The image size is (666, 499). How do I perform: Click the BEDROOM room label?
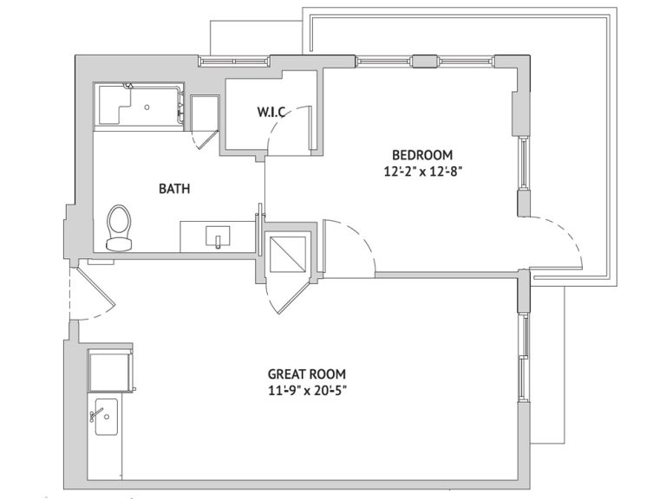coord(422,154)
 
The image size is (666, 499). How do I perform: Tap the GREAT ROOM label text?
coord(307,374)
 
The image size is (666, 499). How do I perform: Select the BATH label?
coord(174,188)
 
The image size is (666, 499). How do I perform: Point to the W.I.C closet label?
coord(271,112)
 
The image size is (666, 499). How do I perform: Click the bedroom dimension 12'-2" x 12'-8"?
coord(422,172)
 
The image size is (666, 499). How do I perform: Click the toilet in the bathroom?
coord(119,229)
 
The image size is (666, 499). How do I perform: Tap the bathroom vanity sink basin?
coord(218,237)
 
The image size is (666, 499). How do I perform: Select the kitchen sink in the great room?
coord(106,417)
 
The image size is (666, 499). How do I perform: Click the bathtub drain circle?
coord(147,107)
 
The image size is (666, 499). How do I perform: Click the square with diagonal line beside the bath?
coord(288,254)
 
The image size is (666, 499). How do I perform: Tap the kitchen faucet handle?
coord(96,414)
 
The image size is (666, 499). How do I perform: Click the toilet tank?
coord(119,244)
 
